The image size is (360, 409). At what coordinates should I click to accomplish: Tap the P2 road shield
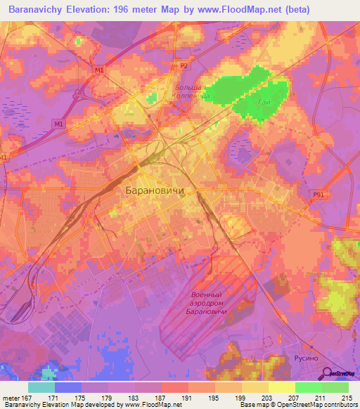click(x=184, y=66)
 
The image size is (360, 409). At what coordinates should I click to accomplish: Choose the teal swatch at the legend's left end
click(x=41, y=387)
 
